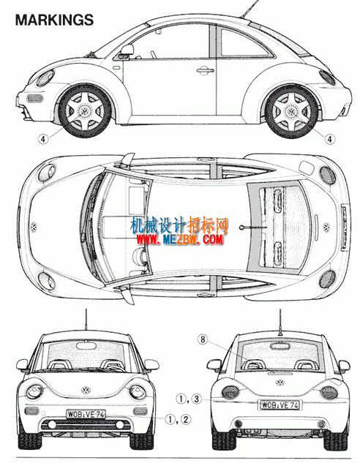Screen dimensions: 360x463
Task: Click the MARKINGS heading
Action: (55, 20)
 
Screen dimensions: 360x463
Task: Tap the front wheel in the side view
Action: (85, 111)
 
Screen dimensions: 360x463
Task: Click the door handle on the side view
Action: (206, 70)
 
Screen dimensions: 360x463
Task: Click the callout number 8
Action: (203, 339)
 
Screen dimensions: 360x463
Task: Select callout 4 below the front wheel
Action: (43, 139)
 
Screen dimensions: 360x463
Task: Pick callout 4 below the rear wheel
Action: (330, 139)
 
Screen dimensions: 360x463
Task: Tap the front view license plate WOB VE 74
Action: (86, 415)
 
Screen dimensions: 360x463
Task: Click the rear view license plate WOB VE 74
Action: (280, 404)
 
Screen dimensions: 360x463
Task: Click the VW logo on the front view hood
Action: (86, 391)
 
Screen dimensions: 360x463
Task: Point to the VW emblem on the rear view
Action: (280, 383)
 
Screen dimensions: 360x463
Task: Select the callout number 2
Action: (186, 419)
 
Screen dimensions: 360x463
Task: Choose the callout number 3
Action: (196, 399)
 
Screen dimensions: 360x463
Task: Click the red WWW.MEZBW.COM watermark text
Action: (179, 239)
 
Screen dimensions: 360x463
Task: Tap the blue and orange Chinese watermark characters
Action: (179, 226)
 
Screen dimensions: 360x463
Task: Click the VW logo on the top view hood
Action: (34, 227)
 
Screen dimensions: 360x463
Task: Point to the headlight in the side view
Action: (45, 78)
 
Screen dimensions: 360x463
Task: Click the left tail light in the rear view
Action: (230, 392)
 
